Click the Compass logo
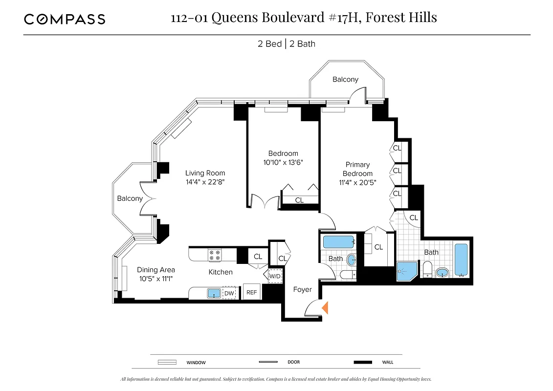[65, 19]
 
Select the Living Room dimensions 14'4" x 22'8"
[205, 182]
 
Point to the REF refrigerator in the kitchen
[252, 292]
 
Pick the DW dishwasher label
[229, 293]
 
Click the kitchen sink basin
[214, 293]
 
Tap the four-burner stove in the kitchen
[214, 255]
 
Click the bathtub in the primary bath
[462, 260]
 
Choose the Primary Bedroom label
[357, 169]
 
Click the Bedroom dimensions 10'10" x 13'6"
[283, 162]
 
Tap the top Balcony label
[345, 79]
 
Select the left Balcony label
[130, 198]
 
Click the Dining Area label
[155, 270]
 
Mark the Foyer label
[302, 289]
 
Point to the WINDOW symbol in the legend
[167, 362]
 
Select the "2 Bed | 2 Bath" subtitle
[287, 44]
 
